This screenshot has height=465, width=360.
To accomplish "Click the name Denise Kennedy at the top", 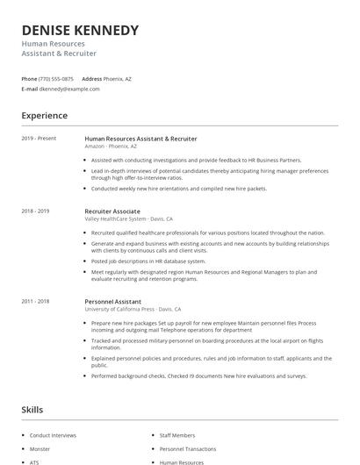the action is pyautogui.click(x=80, y=30).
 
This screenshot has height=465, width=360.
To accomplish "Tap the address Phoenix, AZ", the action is pyautogui.click(x=117, y=78).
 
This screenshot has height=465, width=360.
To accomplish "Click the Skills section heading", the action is pyautogui.click(x=32, y=410).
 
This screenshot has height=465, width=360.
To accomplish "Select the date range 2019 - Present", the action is pyautogui.click(x=39, y=139).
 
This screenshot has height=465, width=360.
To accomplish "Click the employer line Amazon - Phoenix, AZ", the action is pyautogui.click(x=111, y=147).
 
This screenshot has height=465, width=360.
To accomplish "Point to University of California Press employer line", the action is pyautogui.click(x=133, y=310).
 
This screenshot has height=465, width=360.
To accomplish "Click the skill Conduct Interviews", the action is pyautogui.click(x=53, y=435).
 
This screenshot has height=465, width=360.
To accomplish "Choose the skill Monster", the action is pyautogui.click(x=40, y=448).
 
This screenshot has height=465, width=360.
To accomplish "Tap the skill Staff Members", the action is pyautogui.click(x=177, y=435).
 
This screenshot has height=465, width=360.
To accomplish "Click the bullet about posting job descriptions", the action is pyautogui.click(x=148, y=261).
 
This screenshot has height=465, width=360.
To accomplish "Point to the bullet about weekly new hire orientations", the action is pyautogui.click(x=178, y=188).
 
